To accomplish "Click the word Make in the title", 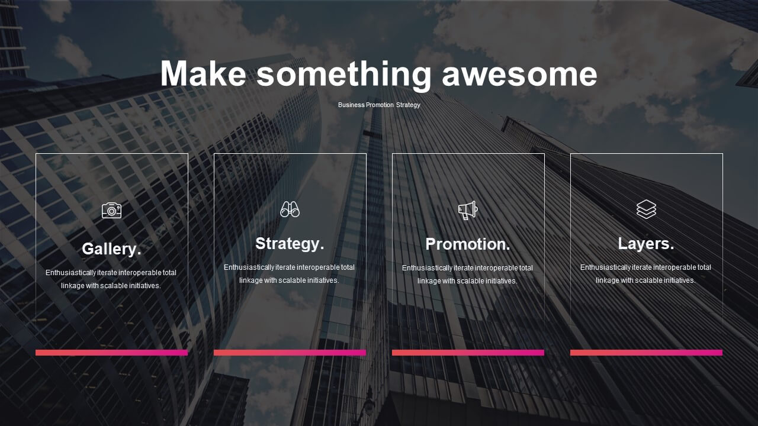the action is [203, 73].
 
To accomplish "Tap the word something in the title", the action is [344, 75].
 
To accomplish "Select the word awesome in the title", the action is [519, 75].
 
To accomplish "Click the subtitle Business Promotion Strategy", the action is [379, 105].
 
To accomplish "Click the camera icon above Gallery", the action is [112, 211].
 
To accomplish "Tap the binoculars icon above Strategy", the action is [290, 209].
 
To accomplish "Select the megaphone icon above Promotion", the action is [468, 210].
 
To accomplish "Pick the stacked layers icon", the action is [646, 209].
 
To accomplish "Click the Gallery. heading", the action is [111, 249].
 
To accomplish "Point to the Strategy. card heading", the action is [290, 244].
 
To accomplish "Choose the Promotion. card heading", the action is [468, 244].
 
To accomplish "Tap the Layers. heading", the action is [646, 244].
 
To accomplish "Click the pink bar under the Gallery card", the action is [112, 353].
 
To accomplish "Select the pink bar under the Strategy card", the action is [290, 353].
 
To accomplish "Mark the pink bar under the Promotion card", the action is [468, 353].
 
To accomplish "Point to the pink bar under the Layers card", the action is [646, 353].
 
